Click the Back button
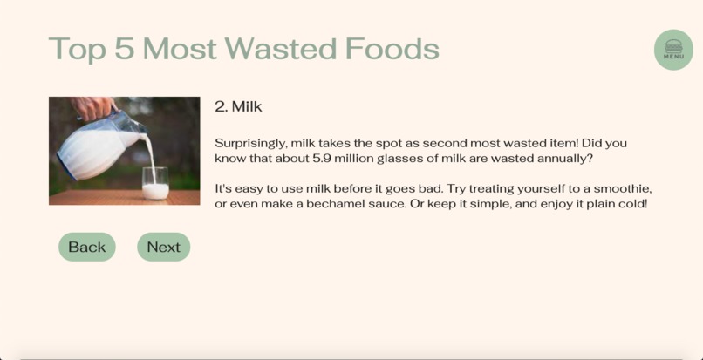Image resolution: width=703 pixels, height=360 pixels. tap(86, 247)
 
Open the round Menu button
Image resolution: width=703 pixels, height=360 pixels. tap(673, 50)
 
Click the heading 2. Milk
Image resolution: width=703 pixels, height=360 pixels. tap(238, 106)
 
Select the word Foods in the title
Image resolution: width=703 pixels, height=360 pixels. tap(392, 49)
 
